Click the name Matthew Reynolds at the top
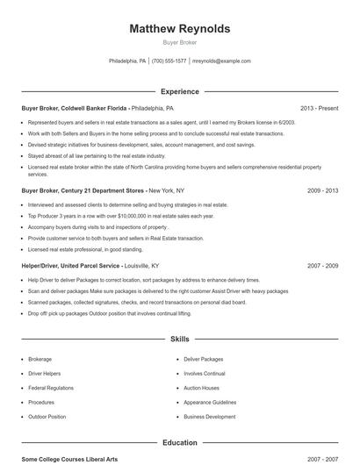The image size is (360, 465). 179,29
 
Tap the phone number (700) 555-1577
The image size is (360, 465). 169,61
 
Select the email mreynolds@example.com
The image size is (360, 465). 221,61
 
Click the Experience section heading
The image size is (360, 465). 179,91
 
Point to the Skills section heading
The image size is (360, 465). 179,338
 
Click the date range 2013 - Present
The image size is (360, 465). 319,108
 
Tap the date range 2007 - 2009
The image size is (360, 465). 322,265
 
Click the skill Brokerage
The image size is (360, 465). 40,359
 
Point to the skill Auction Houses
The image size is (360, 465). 201,388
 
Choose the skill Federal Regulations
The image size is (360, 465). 50,388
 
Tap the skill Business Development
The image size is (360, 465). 209,417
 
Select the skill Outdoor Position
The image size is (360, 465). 47,417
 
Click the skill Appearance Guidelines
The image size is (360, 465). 210,402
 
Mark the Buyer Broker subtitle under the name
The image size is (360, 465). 179,42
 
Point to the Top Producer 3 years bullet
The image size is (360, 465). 108,215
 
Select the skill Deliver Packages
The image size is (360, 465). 203,359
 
